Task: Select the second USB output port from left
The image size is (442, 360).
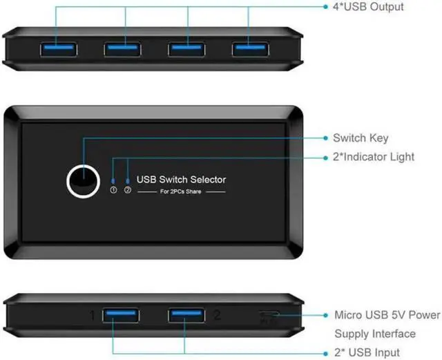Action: (x=124, y=49)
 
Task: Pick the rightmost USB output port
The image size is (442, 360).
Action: (x=251, y=49)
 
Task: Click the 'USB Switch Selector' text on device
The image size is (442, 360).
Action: (x=181, y=180)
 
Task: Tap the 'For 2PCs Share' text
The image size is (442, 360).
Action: (x=181, y=193)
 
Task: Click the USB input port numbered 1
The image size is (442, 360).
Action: (x=122, y=316)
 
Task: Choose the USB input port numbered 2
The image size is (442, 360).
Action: (x=186, y=316)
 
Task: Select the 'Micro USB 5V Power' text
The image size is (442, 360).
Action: (x=387, y=316)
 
